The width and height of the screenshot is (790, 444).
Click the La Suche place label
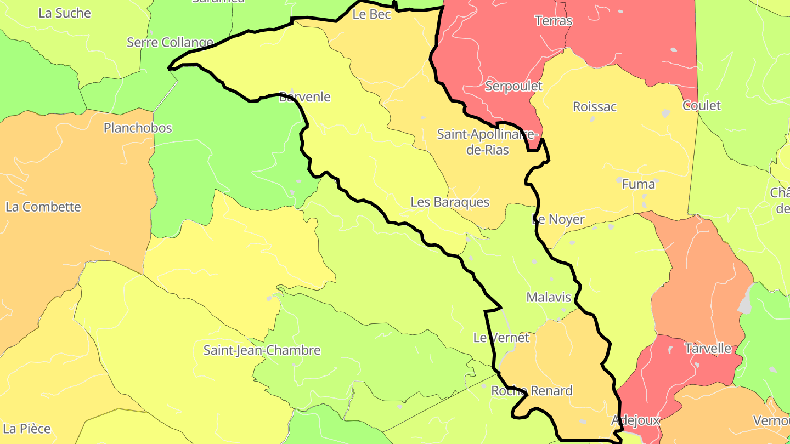tap(64, 13)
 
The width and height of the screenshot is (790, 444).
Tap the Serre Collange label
tap(170, 42)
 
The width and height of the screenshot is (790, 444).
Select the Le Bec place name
tap(371, 14)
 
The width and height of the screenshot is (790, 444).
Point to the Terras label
tap(554, 21)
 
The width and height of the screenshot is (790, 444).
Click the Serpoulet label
tap(513, 86)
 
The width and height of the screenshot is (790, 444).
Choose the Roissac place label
tap(595, 106)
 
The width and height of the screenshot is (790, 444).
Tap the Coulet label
tap(701, 105)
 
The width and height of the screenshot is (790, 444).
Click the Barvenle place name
tap(304, 97)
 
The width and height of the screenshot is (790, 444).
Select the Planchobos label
tap(138, 128)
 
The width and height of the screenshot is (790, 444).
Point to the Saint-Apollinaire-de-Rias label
tap(488, 142)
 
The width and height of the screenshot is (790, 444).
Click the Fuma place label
tap(638, 184)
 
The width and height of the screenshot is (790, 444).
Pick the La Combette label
tap(43, 207)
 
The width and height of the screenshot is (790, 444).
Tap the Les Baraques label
tap(450, 202)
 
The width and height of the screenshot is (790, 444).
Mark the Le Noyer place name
tap(558, 219)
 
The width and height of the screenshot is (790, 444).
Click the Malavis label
tap(549, 297)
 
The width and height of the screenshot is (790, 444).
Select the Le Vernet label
tap(501, 337)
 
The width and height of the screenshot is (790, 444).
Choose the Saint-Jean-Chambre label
tap(262, 350)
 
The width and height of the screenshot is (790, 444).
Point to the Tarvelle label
tap(708, 348)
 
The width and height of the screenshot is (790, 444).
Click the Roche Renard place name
tap(532, 390)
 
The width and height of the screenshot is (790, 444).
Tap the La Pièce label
tap(27, 428)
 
